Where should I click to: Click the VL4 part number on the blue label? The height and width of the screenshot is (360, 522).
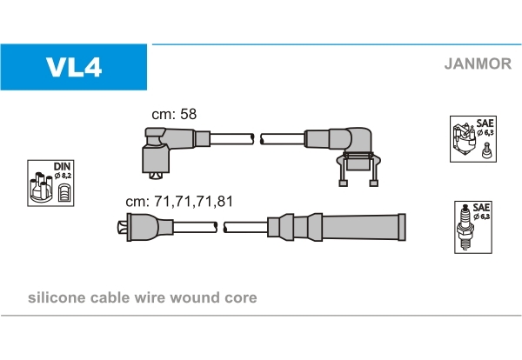click(x=75, y=67)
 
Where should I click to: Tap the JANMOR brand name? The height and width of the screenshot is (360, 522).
click(x=477, y=63)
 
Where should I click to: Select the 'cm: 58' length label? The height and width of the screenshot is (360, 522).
click(x=175, y=115)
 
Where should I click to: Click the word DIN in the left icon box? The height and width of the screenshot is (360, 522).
click(x=62, y=165)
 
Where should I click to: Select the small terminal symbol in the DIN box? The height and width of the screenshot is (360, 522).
click(x=64, y=190)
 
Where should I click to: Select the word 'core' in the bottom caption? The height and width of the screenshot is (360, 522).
click(x=240, y=297)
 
